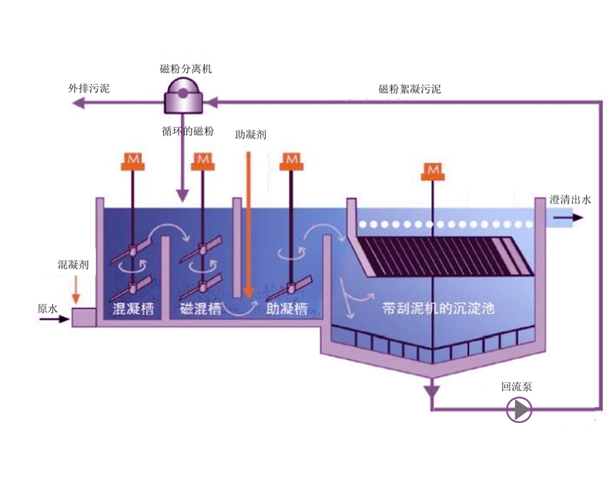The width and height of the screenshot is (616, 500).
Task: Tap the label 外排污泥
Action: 89,88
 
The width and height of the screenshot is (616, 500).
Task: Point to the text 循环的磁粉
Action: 188,131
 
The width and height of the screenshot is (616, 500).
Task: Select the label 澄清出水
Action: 570,200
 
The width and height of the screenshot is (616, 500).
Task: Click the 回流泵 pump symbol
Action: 520,410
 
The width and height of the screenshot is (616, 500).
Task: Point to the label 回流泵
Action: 516,387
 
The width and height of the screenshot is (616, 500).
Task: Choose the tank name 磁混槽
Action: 201,309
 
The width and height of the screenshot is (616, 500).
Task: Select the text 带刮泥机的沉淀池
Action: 438,310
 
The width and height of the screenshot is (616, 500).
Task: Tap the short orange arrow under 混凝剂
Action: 75,291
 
